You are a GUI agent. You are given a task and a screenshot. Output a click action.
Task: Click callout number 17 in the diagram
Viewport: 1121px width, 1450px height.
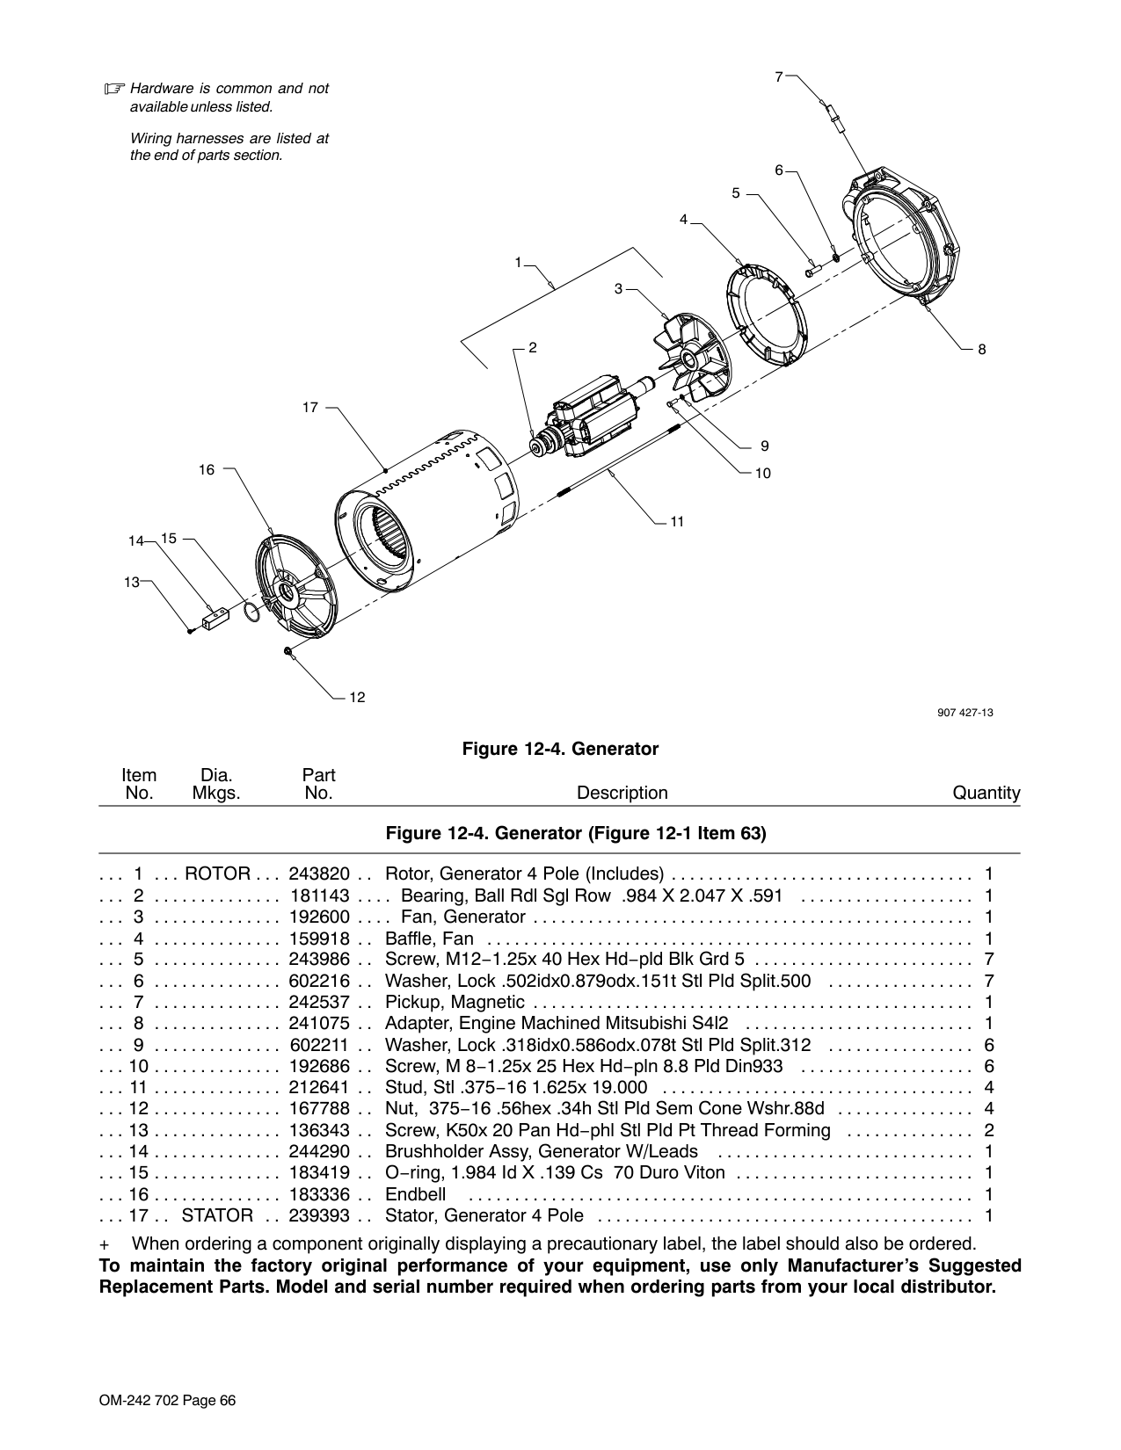pos(310,407)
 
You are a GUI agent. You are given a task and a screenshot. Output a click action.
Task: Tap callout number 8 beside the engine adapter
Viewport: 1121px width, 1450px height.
pos(981,349)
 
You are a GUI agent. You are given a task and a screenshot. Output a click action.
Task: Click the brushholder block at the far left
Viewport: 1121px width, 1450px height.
pos(215,619)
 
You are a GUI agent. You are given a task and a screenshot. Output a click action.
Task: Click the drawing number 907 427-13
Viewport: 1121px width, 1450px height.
pos(964,713)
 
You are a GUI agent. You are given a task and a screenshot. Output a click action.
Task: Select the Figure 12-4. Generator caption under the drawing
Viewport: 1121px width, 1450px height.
pos(560,749)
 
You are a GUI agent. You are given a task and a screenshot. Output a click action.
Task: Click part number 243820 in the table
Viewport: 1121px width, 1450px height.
pos(318,874)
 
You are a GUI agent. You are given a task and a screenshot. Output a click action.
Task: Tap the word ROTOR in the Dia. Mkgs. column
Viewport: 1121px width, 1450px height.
pos(218,874)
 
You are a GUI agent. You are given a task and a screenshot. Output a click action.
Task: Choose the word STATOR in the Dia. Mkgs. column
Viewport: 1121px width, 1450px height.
pos(218,1215)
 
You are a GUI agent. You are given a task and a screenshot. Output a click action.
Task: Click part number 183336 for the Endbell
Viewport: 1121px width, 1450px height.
pos(318,1194)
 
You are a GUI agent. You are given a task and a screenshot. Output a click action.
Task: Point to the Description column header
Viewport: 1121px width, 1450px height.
pos(622,793)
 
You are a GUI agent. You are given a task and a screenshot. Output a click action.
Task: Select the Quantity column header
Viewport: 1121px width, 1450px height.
pos(986,794)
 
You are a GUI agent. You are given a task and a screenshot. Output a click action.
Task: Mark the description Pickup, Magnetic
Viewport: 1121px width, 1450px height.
pos(455,1002)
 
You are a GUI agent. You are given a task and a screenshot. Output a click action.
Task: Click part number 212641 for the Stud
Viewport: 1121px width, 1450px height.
pos(318,1088)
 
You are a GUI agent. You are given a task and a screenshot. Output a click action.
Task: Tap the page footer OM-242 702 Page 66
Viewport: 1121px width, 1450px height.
pos(168,1401)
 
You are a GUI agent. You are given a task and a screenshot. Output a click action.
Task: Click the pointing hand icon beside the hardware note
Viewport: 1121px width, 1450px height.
pos(115,89)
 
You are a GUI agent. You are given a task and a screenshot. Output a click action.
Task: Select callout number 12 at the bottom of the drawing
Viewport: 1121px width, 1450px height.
pos(357,697)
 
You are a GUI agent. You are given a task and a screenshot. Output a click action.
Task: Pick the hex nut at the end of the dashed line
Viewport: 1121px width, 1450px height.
pos(288,651)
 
